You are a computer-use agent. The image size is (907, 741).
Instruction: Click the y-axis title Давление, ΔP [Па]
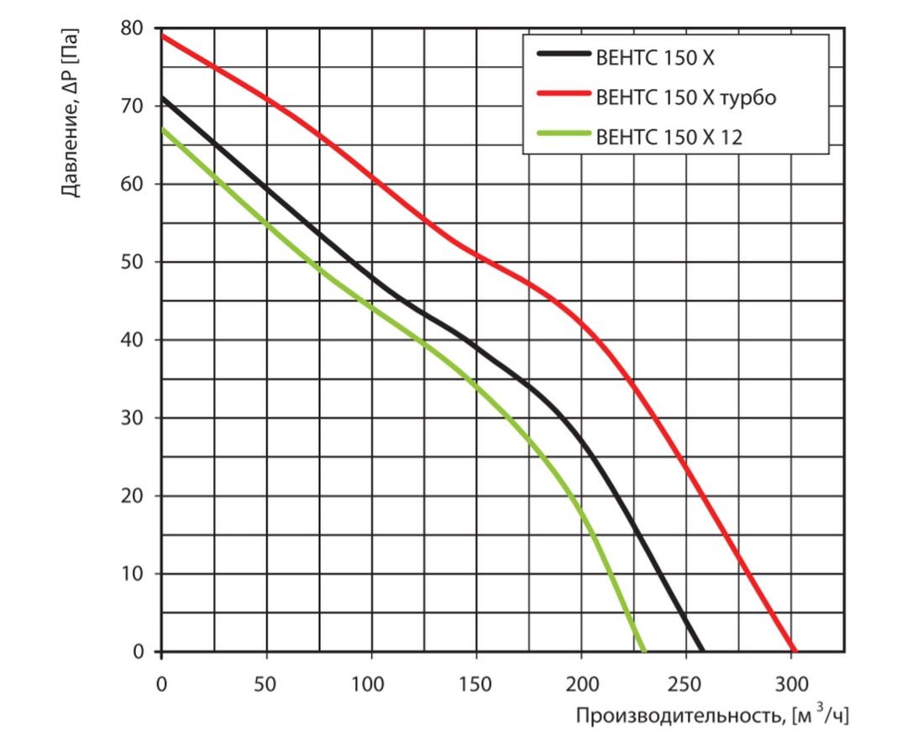click(72, 112)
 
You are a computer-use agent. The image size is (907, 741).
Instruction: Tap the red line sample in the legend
click(562, 97)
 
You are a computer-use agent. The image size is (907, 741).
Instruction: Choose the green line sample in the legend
click(562, 136)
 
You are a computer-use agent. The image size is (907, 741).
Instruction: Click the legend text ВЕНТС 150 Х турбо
click(686, 97)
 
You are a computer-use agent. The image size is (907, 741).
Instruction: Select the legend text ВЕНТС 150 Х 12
click(669, 137)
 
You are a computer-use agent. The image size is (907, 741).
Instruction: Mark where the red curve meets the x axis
click(794, 650)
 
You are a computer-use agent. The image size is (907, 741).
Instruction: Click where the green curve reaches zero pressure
click(644, 650)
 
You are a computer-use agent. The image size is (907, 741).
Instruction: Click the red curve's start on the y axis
click(162, 35)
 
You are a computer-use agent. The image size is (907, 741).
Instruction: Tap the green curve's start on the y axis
click(162, 128)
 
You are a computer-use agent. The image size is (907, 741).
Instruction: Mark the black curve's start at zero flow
click(162, 98)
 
